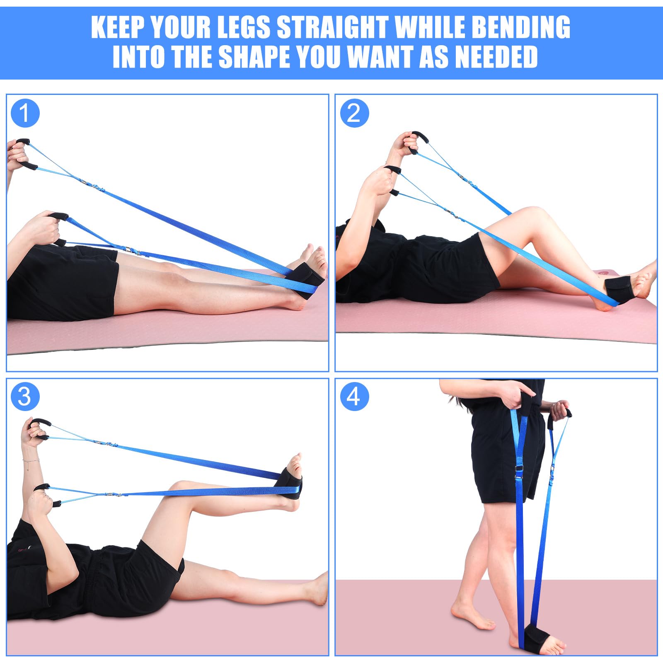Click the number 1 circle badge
click(x=25, y=113)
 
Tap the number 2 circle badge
click(x=354, y=113)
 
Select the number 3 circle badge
click(x=25, y=397)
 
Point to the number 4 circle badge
click(x=354, y=397)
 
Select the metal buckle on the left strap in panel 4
click(x=518, y=469)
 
